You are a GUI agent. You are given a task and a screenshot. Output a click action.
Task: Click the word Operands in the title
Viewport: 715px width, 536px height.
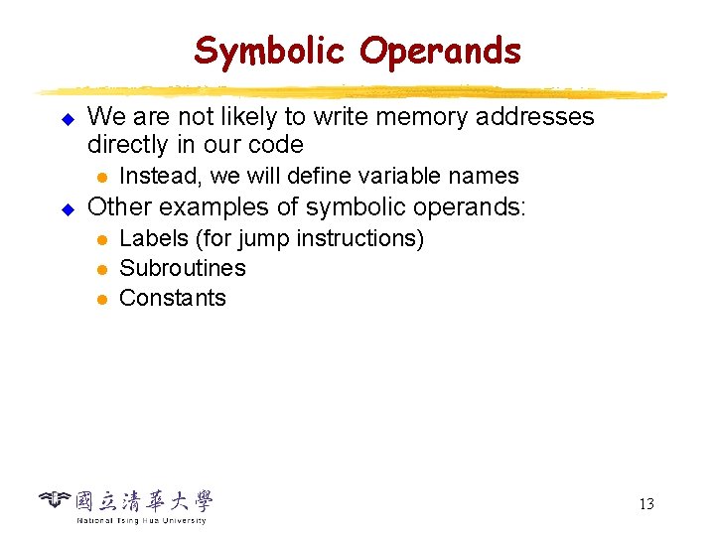(440, 51)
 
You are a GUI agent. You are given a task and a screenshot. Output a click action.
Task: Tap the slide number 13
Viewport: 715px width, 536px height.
(645, 504)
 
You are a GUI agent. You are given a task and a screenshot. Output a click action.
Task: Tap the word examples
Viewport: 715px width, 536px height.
(208, 207)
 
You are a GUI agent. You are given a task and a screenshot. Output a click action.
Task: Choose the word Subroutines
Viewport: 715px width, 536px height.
(183, 268)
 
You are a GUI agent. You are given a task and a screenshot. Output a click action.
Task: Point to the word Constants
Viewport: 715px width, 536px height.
(173, 298)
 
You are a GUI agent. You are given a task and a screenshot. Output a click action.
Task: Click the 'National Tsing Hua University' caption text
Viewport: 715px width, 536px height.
(141, 520)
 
